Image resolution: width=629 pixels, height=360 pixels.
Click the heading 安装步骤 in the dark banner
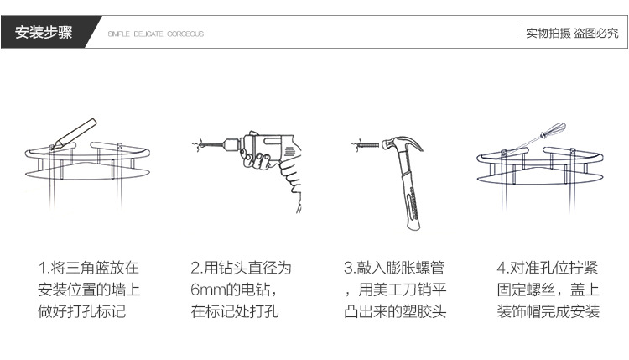pos(44,33)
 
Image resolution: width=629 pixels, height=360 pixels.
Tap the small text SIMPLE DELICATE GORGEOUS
pos(156,34)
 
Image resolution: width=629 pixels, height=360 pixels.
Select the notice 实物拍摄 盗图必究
pos(571,34)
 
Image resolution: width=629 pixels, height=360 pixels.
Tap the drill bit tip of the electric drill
pos(195,145)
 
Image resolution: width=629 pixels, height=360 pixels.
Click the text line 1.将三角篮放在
pos(88,269)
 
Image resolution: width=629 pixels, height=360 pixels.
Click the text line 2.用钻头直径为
pos(242,269)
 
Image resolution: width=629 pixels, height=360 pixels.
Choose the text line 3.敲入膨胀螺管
pos(394,269)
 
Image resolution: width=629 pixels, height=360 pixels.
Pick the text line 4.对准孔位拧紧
pos(547,269)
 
